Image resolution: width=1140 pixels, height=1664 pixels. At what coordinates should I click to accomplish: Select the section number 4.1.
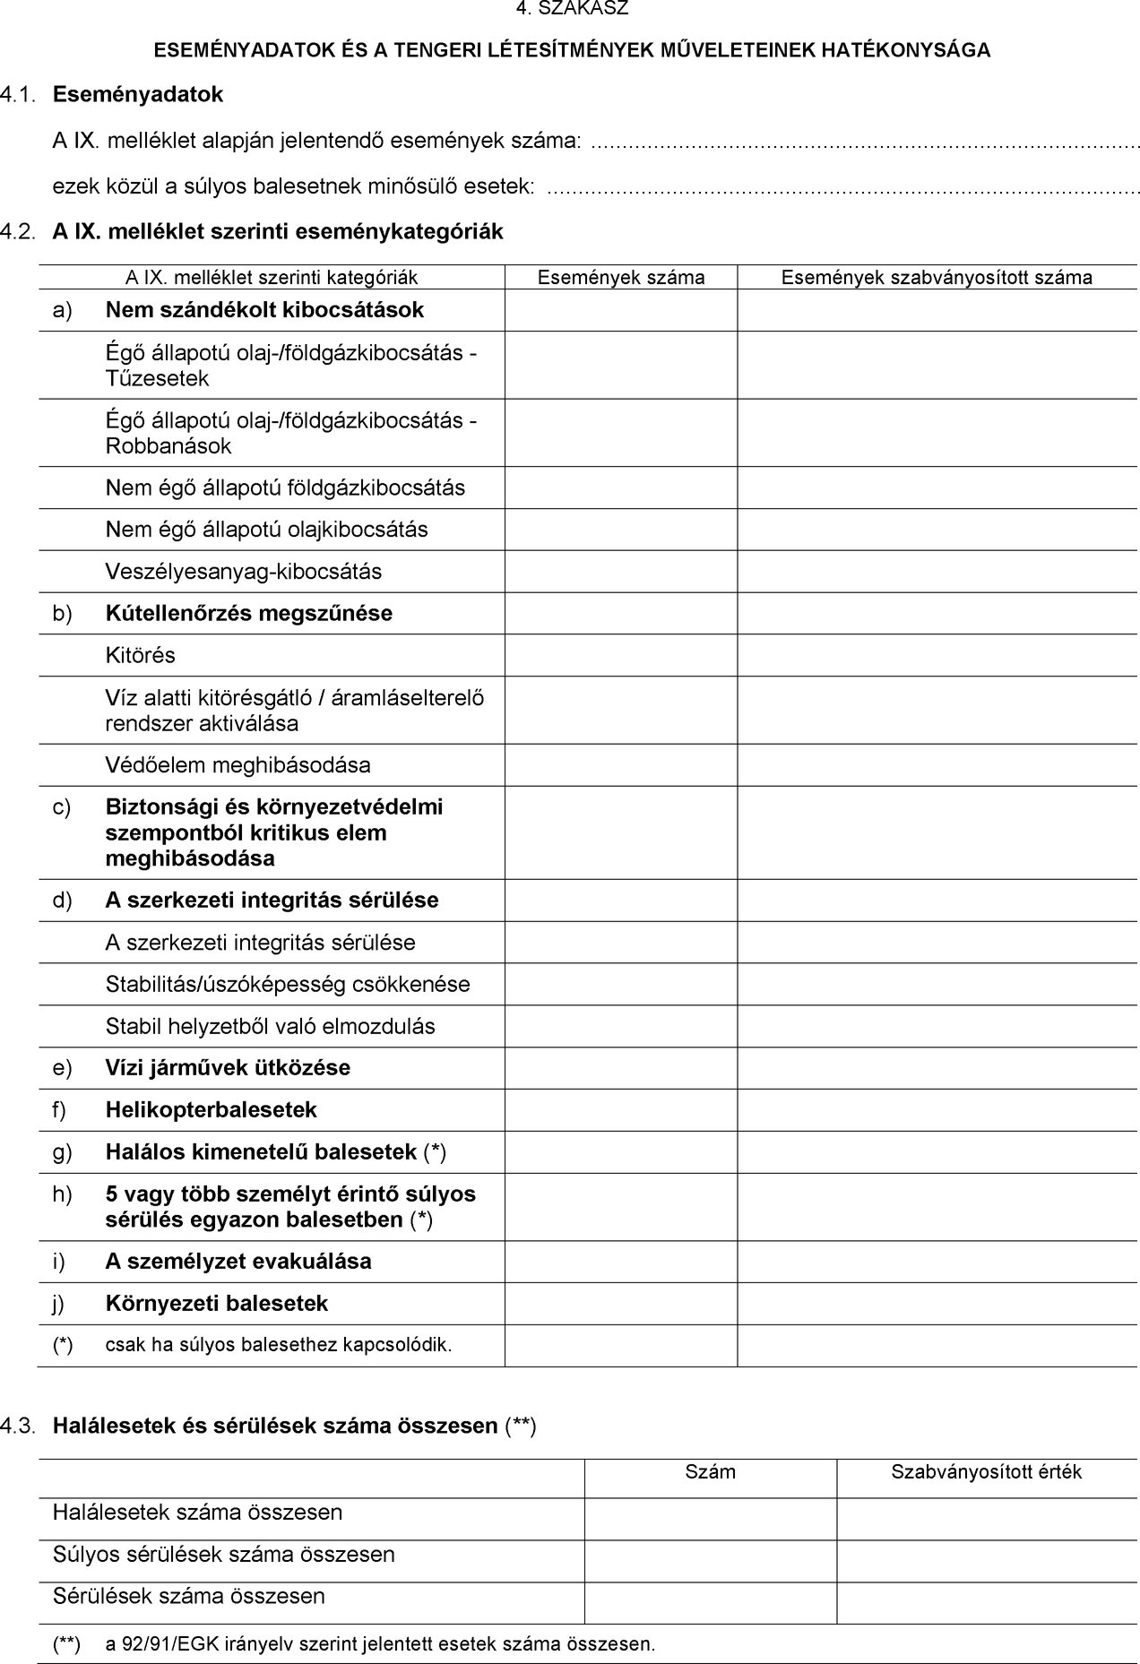[19, 94]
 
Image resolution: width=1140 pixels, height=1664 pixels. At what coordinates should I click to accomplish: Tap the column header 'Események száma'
[620, 278]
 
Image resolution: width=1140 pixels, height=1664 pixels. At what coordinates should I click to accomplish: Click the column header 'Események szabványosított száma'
[937, 278]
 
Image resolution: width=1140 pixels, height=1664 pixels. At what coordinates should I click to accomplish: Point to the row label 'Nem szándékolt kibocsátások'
[264, 310]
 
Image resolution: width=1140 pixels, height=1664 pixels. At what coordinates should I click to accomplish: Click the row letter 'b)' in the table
[62, 614]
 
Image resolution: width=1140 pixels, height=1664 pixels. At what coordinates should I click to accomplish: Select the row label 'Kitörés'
[141, 655]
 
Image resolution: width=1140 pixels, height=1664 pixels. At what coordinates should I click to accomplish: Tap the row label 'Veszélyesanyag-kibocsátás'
[244, 572]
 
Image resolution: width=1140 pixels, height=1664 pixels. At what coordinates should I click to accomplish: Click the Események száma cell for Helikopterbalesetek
[620, 1110]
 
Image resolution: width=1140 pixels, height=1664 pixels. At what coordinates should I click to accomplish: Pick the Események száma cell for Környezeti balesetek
[620, 1304]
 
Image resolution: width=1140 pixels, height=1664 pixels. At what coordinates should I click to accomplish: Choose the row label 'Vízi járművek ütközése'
[228, 1068]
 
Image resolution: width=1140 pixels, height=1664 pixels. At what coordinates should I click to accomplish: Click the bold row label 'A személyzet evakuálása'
[238, 1262]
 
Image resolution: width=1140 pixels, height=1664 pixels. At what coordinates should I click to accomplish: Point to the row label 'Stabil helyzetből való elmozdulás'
[270, 1026]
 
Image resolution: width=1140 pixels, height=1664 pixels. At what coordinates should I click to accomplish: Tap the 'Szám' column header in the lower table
[710, 1471]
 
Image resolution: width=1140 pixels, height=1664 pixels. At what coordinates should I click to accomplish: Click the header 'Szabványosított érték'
[986, 1471]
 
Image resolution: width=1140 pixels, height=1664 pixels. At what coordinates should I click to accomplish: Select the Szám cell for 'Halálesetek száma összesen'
[710, 1513]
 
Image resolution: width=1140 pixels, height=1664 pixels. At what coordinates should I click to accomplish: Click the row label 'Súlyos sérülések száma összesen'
[224, 1554]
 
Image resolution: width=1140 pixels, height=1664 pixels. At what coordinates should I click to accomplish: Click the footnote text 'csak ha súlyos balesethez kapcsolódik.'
[279, 1345]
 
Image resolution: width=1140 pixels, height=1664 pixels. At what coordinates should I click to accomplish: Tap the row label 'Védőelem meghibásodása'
[237, 765]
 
